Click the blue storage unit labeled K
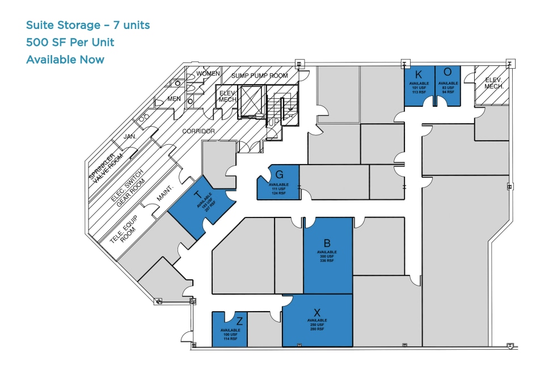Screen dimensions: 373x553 click(419, 85)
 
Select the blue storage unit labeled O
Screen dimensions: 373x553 click(448, 85)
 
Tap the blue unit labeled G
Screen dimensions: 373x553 click(278, 182)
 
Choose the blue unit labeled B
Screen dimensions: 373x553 click(328, 255)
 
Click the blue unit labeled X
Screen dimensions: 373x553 click(317, 321)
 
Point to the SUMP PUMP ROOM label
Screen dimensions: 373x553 click(259, 76)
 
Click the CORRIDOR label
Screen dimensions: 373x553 click(199, 131)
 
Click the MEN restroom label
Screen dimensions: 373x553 click(174, 99)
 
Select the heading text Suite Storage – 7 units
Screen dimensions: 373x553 click(88, 25)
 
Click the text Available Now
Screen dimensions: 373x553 click(65, 60)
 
